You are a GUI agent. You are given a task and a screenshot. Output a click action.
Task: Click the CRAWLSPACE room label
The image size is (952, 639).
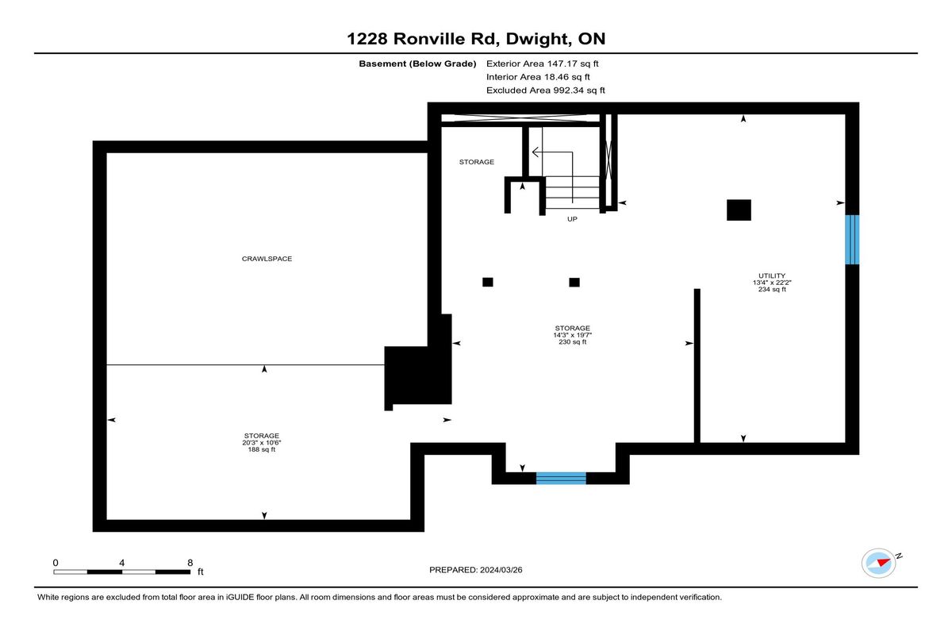point(267,259)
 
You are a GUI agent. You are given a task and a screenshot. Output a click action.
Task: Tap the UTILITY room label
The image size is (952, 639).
point(772,275)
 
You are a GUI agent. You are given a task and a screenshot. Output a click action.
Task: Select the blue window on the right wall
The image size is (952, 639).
point(852,240)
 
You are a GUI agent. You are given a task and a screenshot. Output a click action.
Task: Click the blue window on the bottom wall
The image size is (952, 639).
point(561,479)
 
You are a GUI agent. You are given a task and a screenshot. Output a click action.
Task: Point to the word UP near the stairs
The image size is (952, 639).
point(572,219)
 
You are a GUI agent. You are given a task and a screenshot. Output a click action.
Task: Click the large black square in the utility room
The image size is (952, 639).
point(739,210)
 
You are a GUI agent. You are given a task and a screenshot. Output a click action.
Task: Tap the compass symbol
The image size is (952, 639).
point(879,564)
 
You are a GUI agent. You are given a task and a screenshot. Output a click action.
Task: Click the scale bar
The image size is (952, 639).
point(122,572)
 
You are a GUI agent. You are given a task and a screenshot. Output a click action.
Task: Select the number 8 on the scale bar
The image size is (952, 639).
point(190,563)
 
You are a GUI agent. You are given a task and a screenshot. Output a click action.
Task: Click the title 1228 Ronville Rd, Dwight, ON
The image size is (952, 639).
point(476,39)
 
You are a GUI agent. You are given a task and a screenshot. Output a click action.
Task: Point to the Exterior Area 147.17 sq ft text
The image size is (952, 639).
point(543,64)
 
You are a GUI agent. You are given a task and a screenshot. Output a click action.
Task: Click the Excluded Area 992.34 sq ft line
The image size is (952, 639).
point(546,90)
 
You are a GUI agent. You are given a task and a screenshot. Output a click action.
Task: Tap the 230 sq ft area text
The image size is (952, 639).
point(572,342)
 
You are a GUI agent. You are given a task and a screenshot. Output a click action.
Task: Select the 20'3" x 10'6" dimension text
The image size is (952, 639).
point(261,443)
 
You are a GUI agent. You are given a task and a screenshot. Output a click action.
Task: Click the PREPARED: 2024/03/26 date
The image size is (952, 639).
point(475,570)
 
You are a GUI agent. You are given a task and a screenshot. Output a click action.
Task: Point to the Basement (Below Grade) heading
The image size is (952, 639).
point(417,64)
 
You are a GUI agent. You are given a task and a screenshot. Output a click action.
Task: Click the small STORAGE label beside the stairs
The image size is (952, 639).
point(477,162)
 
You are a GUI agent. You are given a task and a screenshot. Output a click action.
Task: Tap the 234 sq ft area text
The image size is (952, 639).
point(772,290)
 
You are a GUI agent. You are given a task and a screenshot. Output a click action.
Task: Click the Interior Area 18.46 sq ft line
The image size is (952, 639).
point(538,77)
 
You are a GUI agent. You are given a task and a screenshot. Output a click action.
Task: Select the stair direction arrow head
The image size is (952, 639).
point(535,152)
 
